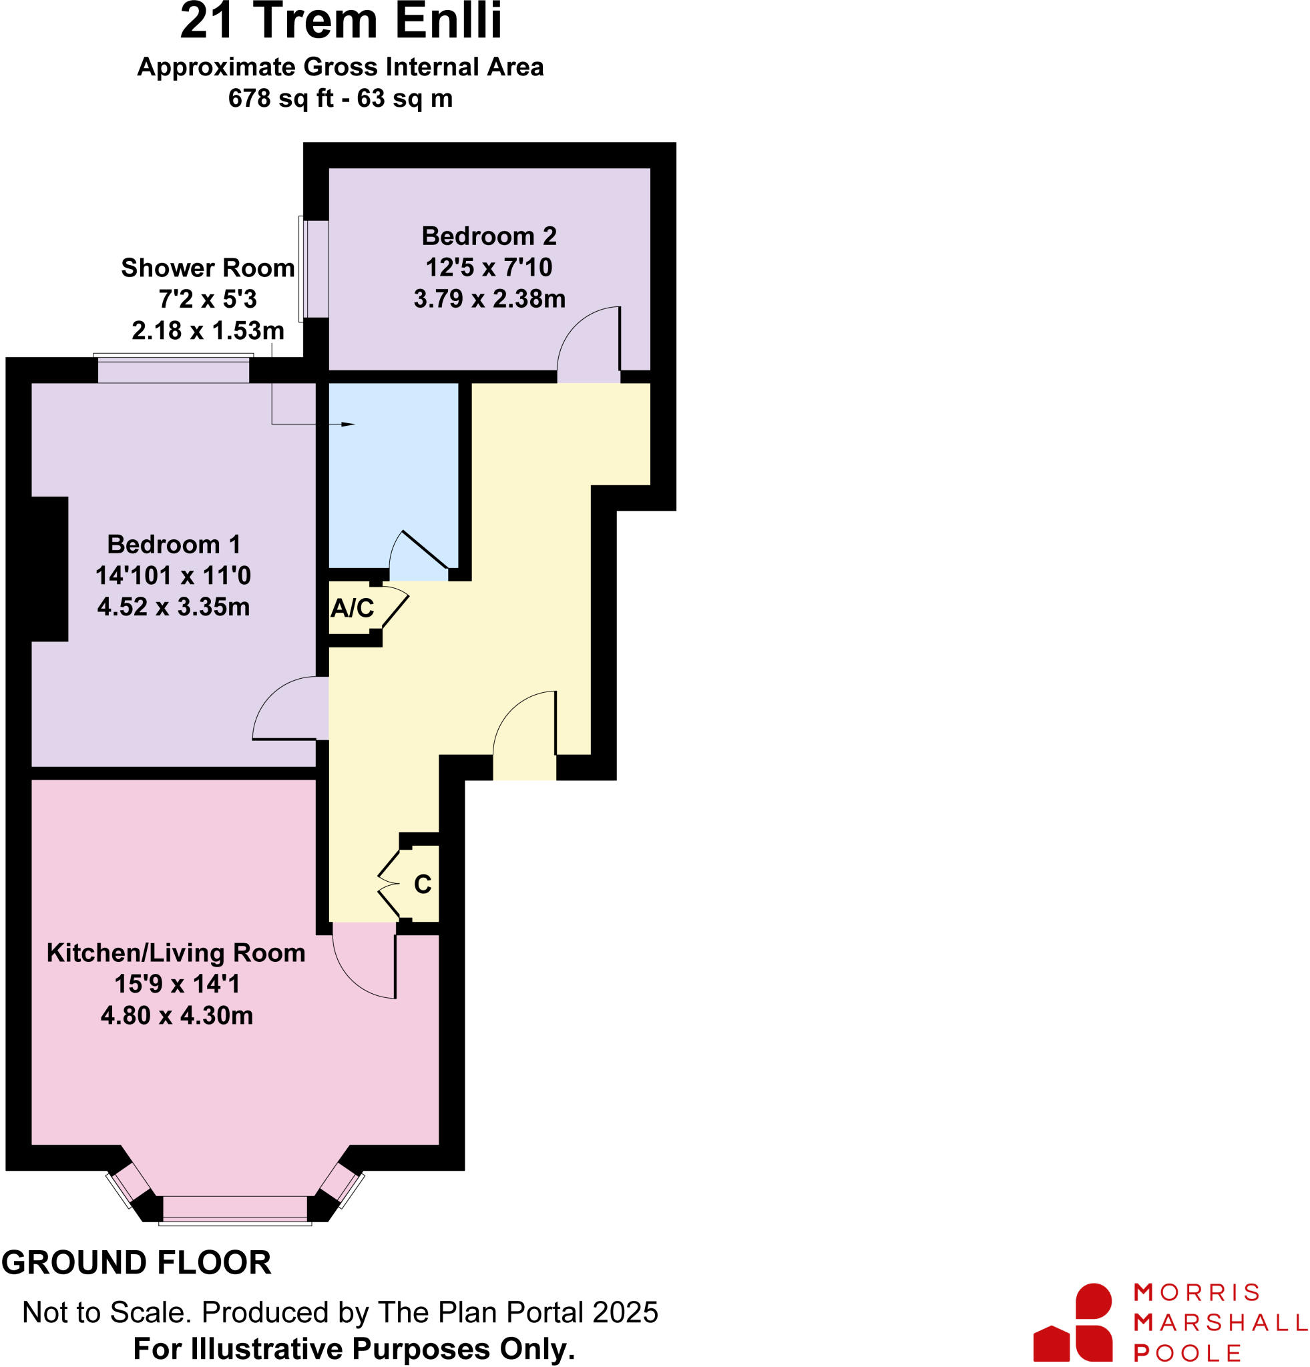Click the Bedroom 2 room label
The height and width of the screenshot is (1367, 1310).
(489, 236)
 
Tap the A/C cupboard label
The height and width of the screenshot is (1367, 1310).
(352, 608)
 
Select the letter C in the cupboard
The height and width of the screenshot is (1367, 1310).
(423, 884)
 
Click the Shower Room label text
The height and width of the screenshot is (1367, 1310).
(207, 268)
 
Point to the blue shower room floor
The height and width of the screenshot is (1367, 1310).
(393, 475)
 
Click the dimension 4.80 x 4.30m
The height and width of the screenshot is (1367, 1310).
(176, 1015)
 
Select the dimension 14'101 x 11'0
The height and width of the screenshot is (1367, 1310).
(173, 575)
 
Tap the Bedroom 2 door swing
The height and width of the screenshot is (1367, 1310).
(587, 342)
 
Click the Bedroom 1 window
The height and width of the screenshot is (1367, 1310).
(173, 369)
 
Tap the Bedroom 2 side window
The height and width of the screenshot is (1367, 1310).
(314, 268)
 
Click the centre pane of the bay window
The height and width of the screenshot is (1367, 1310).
(235, 1207)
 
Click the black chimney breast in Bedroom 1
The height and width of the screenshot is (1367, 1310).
(49, 569)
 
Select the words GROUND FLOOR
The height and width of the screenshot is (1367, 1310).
(137, 1263)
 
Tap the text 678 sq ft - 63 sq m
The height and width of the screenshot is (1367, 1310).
(341, 98)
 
